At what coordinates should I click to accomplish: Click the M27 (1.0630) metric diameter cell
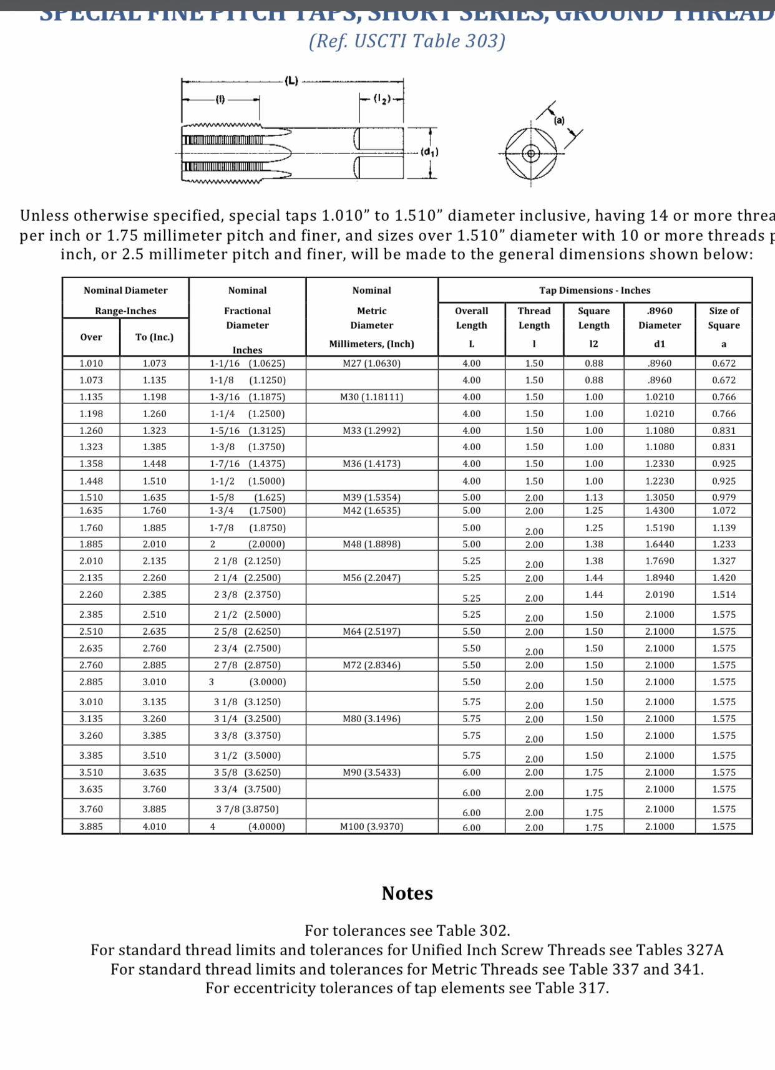point(371,364)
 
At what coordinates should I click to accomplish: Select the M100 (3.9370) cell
point(371,827)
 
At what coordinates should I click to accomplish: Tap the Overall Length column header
point(471,318)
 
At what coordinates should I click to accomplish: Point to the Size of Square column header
point(724,318)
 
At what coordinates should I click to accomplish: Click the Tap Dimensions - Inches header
point(595,291)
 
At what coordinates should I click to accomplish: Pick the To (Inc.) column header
point(154,337)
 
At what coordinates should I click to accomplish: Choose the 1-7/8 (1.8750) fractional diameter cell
point(247,528)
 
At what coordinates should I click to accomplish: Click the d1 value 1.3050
point(660,498)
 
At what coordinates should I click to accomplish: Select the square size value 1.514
point(724,595)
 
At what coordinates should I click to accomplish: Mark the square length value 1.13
point(593,498)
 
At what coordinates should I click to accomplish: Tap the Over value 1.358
point(91,464)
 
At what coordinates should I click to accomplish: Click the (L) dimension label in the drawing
point(291,80)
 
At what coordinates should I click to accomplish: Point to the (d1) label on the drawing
point(429,152)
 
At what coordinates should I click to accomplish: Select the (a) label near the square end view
point(559,120)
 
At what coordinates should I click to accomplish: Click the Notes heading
point(407,894)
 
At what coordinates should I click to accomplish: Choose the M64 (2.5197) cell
point(371,632)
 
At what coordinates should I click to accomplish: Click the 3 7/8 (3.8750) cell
point(247,809)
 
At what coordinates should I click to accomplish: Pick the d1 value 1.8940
point(660,578)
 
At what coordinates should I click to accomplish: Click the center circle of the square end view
point(531,153)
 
